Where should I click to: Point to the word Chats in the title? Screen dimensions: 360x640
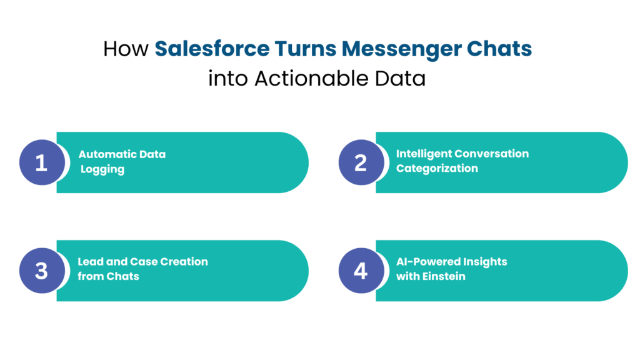(502, 49)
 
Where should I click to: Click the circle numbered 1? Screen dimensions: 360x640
(41, 162)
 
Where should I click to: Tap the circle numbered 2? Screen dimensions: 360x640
(361, 162)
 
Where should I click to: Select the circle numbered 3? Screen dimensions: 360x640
(41, 271)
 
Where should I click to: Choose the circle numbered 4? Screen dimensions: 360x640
(361, 271)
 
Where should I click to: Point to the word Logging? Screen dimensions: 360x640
(102, 169)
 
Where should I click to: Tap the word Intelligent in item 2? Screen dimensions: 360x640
(423, 154)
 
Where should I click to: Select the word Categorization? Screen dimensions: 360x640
(437, 168)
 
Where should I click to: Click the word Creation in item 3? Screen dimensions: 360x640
(182, 262)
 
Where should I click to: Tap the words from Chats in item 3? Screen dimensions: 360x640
(108, 276)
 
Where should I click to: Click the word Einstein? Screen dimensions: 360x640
(444, 276)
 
